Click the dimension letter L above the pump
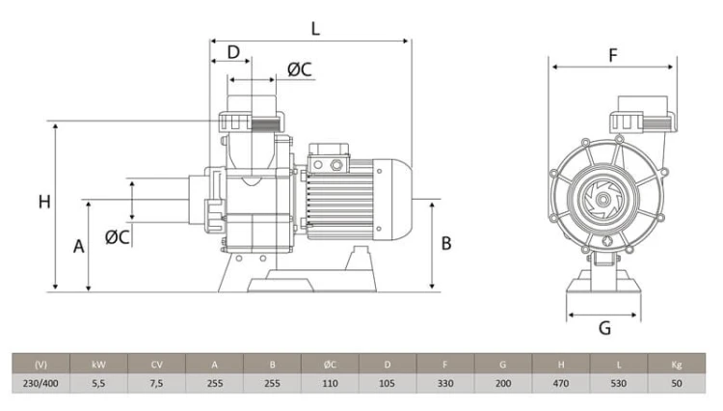click(x=315, y=29)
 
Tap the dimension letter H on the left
click(x=44, y=202)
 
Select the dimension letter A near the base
click(x=79, y=246)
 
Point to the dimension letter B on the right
click(x=446, y=243)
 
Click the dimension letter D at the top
click(x=234, y=52)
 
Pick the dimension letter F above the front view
click(x=612, y=55)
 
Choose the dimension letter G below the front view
click(x=604, y=328)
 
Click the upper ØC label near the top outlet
click(x=300, y=69)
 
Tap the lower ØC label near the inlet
click(x=117, y=237)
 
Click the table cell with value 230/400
click(x=41, y=383)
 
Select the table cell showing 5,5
click(x=98, y=383)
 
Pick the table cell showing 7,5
click(x=157, y=383)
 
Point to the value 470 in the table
click(x=561, y=383)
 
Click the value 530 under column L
click(x=618, y=383)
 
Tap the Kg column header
click(x=677, y=365)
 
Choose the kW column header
click(x=98, y=365)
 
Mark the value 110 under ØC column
click(x=330, y=383)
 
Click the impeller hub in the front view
click(x=602, y=200)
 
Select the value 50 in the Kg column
click(x=677, y=383)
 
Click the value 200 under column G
click(x=503, y=383)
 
